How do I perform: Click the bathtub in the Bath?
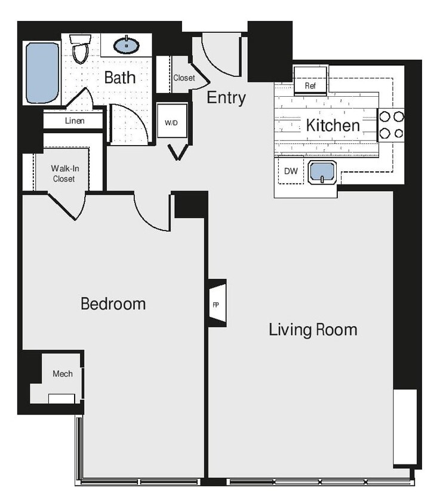click(42, 72)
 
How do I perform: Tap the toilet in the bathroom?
click(79, 49)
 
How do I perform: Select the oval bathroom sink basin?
click(126, 45)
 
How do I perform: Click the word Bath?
click(120, 77)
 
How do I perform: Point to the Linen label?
click(75, 121)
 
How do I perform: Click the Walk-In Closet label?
click(63, 173)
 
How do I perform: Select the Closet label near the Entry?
click(184, 78)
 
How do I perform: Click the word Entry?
click(226, 98)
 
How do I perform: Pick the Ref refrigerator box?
click(310, 85)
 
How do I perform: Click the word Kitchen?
click(333, 125)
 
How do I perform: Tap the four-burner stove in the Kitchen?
click(392, 125)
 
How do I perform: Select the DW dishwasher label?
click(291, 171)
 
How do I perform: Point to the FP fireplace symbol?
click(216, 304)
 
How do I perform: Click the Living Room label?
click(313, 330)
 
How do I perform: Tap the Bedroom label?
click(113, 303)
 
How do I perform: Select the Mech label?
click(63, 374)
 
